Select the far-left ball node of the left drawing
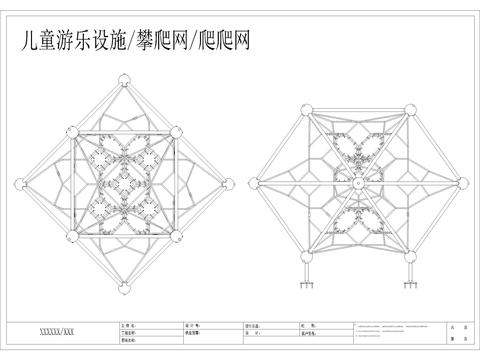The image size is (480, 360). coord(21,183)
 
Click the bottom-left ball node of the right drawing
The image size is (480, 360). coord(305,260)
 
